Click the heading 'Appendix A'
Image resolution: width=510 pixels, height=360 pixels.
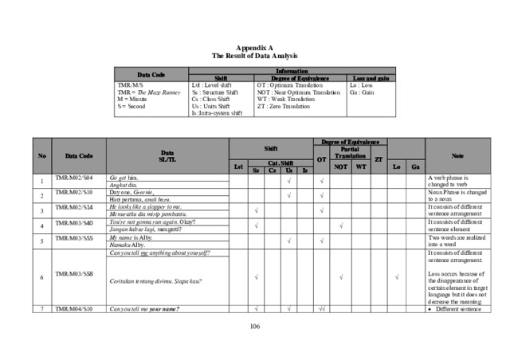pos(254,49)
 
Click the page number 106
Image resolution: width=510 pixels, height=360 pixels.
pos(255,327)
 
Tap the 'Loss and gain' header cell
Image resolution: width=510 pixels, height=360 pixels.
pos(371,78)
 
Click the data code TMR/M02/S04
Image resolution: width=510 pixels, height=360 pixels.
pos(73,178)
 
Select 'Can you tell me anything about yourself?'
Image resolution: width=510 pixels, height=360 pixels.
pos(159,252)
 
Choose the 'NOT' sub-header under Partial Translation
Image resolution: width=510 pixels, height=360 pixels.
pos(339,166)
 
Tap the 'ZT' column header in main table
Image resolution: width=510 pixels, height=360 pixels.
pos(379,158)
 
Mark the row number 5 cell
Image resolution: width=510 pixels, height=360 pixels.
pos(41,241)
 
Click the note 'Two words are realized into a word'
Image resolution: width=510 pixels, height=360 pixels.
pos(454,241)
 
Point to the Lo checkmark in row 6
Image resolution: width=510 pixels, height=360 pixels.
pos(397,277)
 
